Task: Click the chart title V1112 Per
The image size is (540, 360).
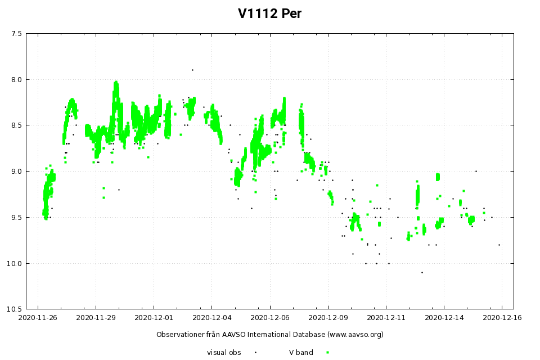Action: point(269,13)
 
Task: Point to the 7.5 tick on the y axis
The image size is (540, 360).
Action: point(16,34)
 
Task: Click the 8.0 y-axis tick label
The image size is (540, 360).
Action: point(16,79)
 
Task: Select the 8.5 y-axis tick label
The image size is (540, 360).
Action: point(16,125)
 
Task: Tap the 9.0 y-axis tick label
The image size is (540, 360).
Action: point(16,172)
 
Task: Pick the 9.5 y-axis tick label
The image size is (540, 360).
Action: point(16,218)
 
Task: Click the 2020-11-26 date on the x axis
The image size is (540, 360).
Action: point(38,318)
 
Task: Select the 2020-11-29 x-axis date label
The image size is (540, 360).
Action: point(96,318)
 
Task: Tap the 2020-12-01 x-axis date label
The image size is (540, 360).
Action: point(154,318)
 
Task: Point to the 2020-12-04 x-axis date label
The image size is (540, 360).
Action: point(211,318)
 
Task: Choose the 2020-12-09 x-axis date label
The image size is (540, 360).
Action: point(327,318)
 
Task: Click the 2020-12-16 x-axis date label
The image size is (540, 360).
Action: point(501,318)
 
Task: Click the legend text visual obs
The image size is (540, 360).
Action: point(224,353)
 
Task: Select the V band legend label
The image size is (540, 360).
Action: point(301,353)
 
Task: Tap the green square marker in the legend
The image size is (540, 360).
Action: point(327,353)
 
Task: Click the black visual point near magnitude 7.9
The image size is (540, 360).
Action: point(192,70)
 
